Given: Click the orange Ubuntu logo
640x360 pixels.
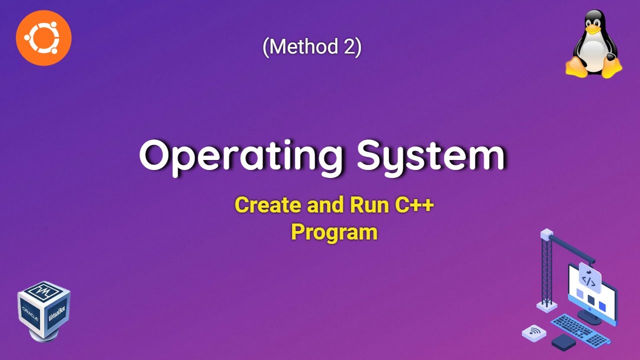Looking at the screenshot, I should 44,38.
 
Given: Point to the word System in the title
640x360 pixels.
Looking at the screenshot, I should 430,155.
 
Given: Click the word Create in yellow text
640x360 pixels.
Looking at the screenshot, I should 267,205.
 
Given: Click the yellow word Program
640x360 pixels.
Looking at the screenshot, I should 334,232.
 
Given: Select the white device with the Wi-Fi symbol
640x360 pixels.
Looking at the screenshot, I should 534,332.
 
